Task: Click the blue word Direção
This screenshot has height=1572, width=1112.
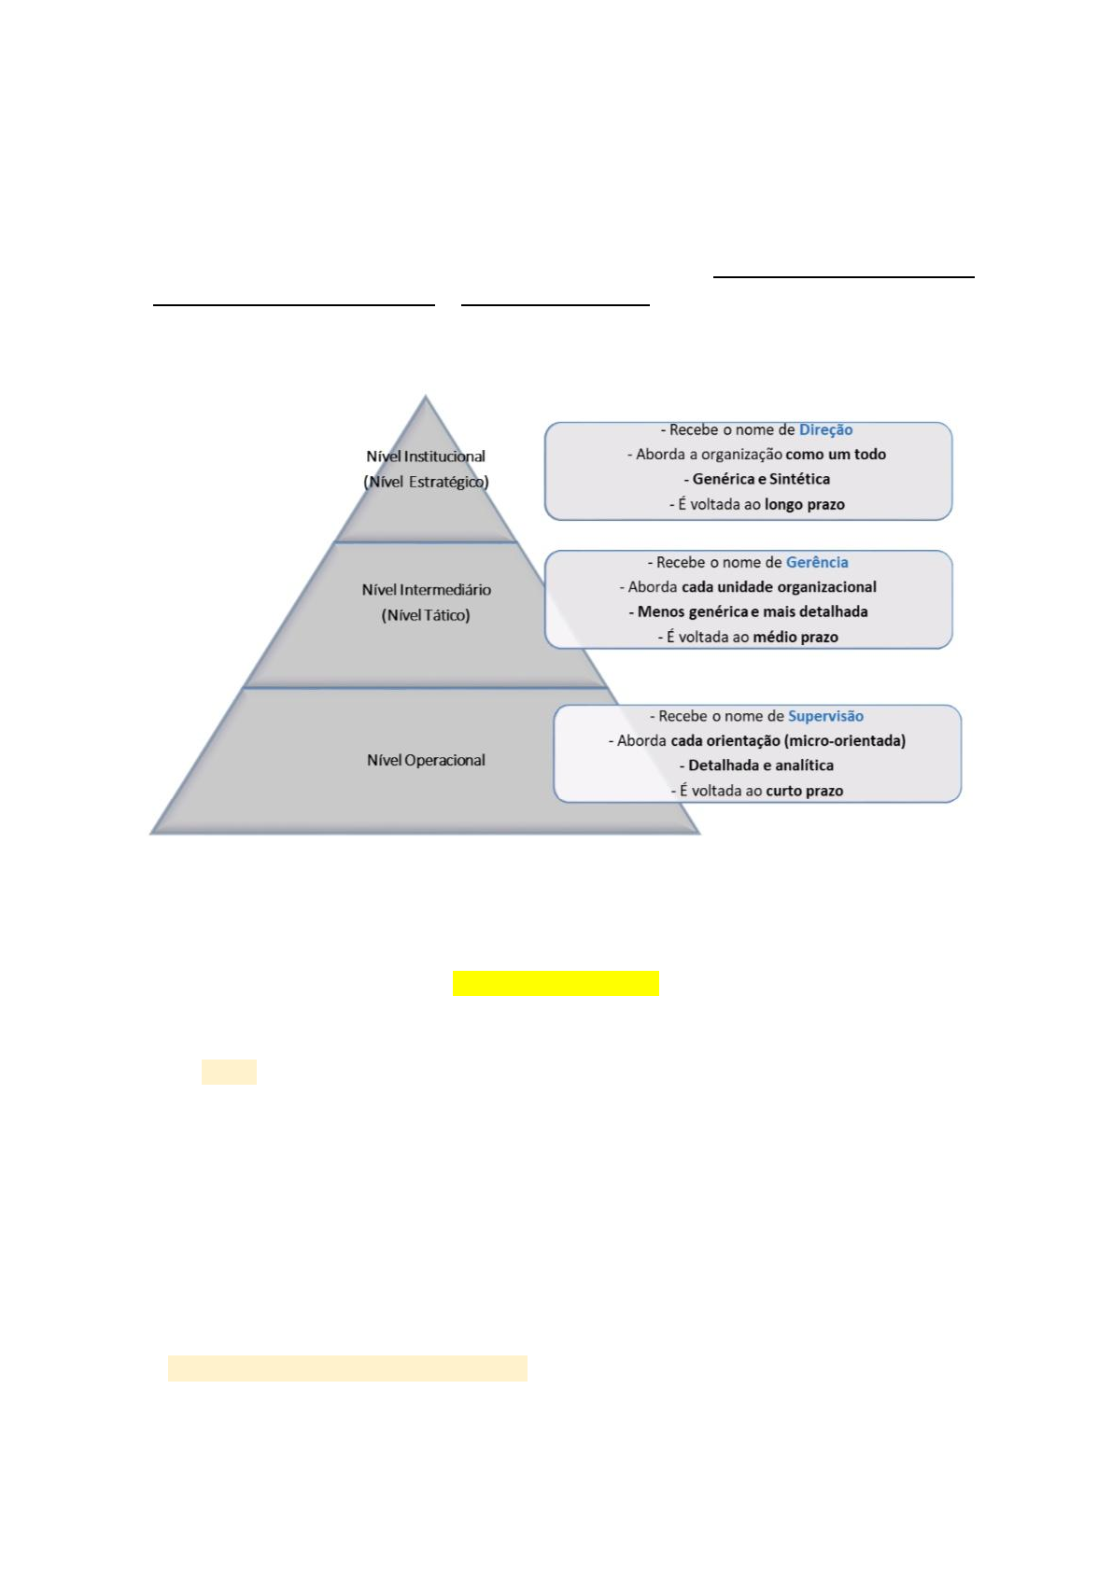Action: pyautogui.click(x=825, y=430)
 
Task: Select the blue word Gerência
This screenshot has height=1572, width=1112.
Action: pyautogui.click(x=817, y=563)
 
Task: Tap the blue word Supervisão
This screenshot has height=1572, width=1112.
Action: pyautogui.click(x=825, y=717)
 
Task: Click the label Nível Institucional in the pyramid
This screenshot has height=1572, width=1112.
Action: pyautogui.click(x=426, y=456)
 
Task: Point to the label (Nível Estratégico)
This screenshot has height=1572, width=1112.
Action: pyautogui.click(x=426, y=483)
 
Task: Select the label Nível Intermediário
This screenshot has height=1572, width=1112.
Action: pyautogui.click(x=426, y=590)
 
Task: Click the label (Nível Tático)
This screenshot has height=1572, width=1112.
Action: pyautogui.click(x=426, y=616)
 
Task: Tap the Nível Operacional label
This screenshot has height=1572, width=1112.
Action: pyautogui.click(x=426, y=761)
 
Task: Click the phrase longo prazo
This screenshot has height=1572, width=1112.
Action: pyautogui.click(x=804, y=505)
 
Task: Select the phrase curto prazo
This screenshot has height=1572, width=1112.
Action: pyautogui.click(x=804, y=792)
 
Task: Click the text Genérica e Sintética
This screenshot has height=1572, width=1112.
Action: pyautogui.click(x=761, y=480)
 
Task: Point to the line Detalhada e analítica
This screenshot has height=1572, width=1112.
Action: pyautogui.click(x=761, y=766)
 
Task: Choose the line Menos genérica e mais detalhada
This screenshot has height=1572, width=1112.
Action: pyautogui.click(x=753, y=612)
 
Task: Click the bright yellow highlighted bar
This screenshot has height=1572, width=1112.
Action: pyautogui.click(x=556, y=984)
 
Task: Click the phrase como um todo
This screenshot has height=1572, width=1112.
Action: pyautogui.click(x=836, y=455)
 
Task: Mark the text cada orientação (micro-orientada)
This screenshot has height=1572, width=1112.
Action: pyautogui.click(x=787, y=741)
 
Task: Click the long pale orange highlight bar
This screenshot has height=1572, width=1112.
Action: pyautogui.click(x=347, y=1368)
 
